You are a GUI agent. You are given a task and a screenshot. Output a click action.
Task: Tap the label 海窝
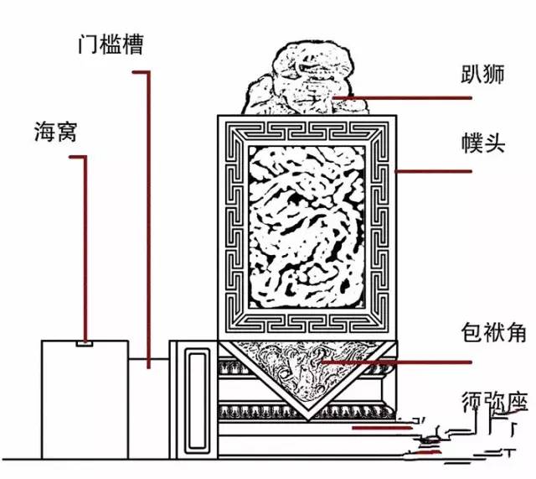[56, 132]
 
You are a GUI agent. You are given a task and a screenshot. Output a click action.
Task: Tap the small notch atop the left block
[84, 342]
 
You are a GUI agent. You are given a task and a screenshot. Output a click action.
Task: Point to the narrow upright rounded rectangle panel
[198, 399]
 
